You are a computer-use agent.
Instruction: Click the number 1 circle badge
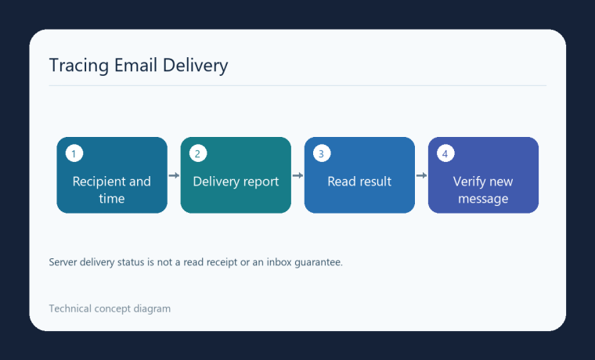pos(74,153)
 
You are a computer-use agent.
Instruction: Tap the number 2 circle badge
pos(198,153)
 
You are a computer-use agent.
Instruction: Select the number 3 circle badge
pos(322,153)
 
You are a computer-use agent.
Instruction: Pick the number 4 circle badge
pos(445,153)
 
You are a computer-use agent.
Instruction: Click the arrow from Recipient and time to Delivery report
pos(174,175)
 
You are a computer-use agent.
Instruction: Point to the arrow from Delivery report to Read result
pos(297,175)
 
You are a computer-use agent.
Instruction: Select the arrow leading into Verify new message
pos(421,175)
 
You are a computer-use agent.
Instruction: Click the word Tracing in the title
pos(79,66)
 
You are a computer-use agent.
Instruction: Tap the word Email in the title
pos(135,65)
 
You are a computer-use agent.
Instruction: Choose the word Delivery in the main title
pos(195,66)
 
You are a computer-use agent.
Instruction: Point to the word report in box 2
pos(260,182)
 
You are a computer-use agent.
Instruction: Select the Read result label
pos(359,182)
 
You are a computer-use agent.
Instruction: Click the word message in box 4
pos(483,199)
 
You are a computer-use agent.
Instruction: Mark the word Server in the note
pos(63,262)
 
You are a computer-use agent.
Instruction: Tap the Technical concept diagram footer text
pos(110,309)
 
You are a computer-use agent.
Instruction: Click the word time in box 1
pos(111,199)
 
